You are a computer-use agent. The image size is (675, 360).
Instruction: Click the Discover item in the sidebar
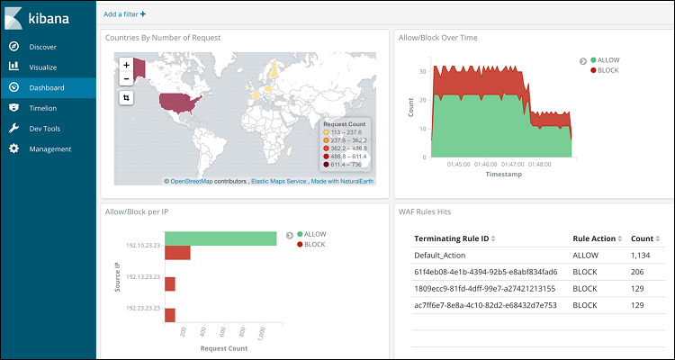point(42,46)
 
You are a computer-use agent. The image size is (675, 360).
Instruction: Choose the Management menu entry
point(49,149)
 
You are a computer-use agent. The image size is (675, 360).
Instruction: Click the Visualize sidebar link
point(42,67)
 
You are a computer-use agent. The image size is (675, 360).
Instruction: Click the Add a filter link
point(124,14)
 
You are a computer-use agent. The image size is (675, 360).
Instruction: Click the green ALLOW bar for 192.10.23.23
point(220,238)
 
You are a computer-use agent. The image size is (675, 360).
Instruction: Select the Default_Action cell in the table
point(440,256)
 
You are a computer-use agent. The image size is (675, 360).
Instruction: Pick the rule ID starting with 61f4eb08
point(485,272)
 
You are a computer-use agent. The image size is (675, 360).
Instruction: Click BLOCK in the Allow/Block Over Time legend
point(607,70)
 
